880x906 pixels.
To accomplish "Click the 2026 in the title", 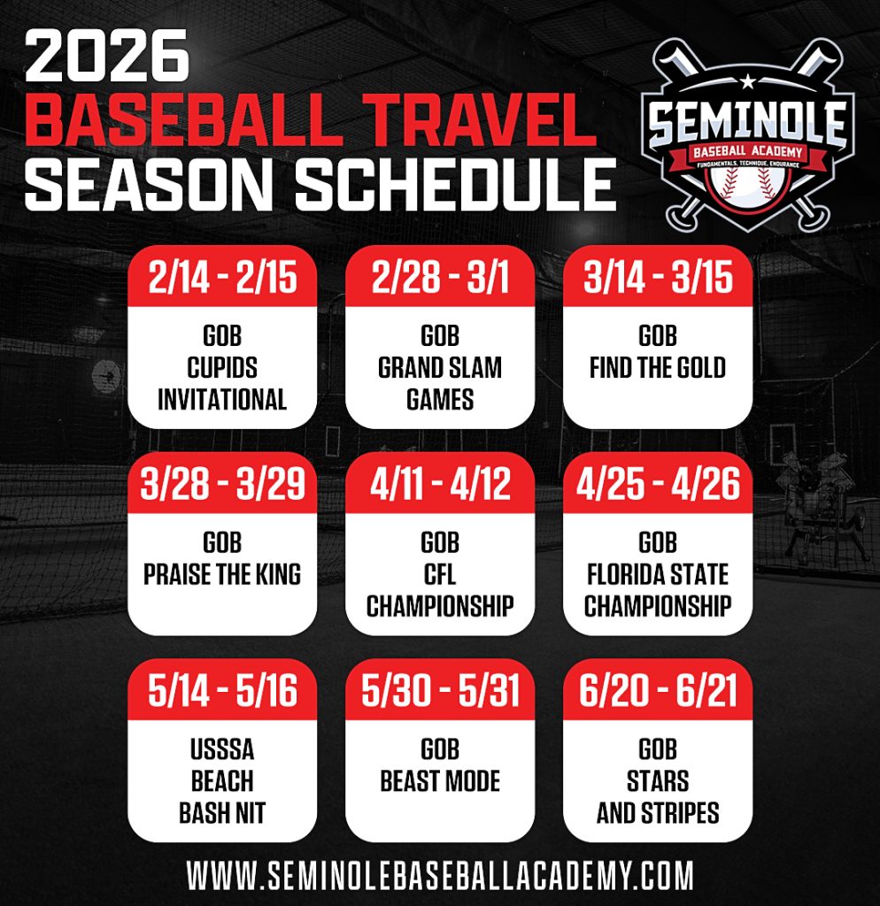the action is coord(106,56).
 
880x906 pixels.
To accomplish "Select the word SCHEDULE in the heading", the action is coord(456,184).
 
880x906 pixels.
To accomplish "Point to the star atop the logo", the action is coord(747,81).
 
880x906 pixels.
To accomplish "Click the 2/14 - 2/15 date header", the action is coord(222,277).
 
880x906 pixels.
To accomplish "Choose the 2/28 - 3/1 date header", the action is coord(440,277).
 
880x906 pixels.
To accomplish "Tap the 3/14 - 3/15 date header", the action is coord(658,277).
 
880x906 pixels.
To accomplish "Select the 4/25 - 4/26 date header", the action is coord(658,484).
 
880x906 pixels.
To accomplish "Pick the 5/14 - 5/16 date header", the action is coord(222,690).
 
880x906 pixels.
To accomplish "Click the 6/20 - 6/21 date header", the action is coord(658,690).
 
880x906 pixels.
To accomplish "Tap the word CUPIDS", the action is coord(222,368).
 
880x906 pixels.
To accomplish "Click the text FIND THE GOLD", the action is coord(658,368).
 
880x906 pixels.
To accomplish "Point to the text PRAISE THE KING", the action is coord(222,574).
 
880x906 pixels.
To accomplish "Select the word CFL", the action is coord(440,574).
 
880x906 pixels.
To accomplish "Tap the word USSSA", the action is coord(222,749).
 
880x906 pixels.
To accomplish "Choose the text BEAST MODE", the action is coord(440,781).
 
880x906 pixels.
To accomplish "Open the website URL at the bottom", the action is coord(440,875).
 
